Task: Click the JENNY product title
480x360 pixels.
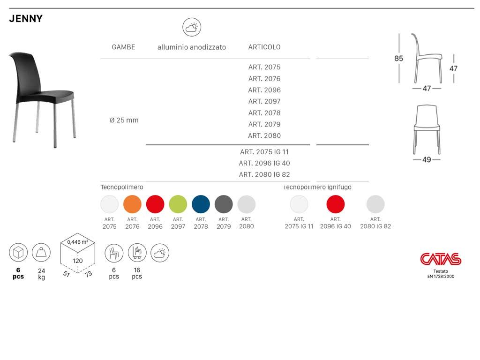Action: pos(26,19)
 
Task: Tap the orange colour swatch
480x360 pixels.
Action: pos(132,204)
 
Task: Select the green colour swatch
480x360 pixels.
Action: pos(178,204)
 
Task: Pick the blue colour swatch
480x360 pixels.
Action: pos(201,204)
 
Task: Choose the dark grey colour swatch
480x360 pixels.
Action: pos(224,204)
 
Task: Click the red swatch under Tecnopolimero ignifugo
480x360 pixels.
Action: pos(336,204)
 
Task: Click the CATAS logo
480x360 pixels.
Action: pos(441,259)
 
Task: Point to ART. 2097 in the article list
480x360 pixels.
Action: pos(264,101)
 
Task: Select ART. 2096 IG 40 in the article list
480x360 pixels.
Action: pos(264,163)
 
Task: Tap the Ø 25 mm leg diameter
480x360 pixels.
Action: pos(124,120)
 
